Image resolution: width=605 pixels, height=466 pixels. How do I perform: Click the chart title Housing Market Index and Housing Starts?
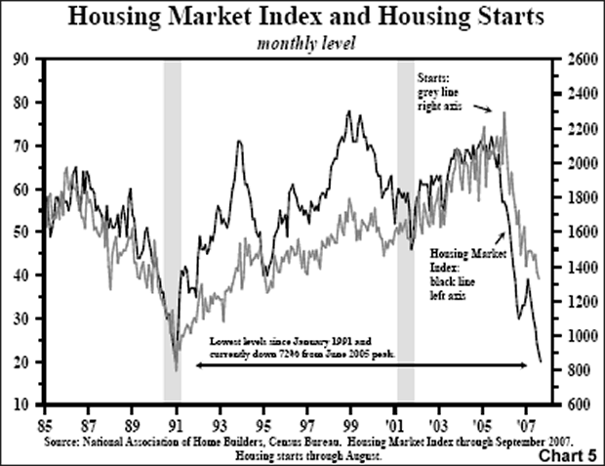click(x=302, y=20)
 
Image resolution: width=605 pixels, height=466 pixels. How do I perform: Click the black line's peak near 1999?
click(x=349, y=112)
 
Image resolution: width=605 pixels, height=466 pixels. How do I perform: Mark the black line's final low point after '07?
click(x=541, y=361)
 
